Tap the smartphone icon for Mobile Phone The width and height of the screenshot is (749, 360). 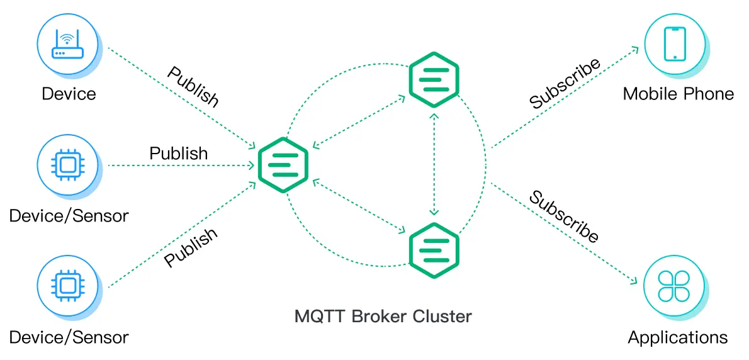click(674, 44)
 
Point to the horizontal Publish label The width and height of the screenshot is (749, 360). click(178, 153)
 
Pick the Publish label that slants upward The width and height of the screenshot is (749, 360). click(191, 247)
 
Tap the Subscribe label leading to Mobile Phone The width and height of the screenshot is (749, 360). click(565, 84)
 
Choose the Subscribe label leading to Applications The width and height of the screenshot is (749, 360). click(563, 217)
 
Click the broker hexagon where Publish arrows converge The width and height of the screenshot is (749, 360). click(283, 165)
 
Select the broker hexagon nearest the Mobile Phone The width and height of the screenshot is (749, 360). click(434, 80)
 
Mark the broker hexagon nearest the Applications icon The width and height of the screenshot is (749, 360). click(434, 250)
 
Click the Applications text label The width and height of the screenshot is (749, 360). click(678, 337)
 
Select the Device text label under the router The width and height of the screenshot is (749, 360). click(69, 94)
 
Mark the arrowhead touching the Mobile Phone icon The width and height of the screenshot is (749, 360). click(637, 48)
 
